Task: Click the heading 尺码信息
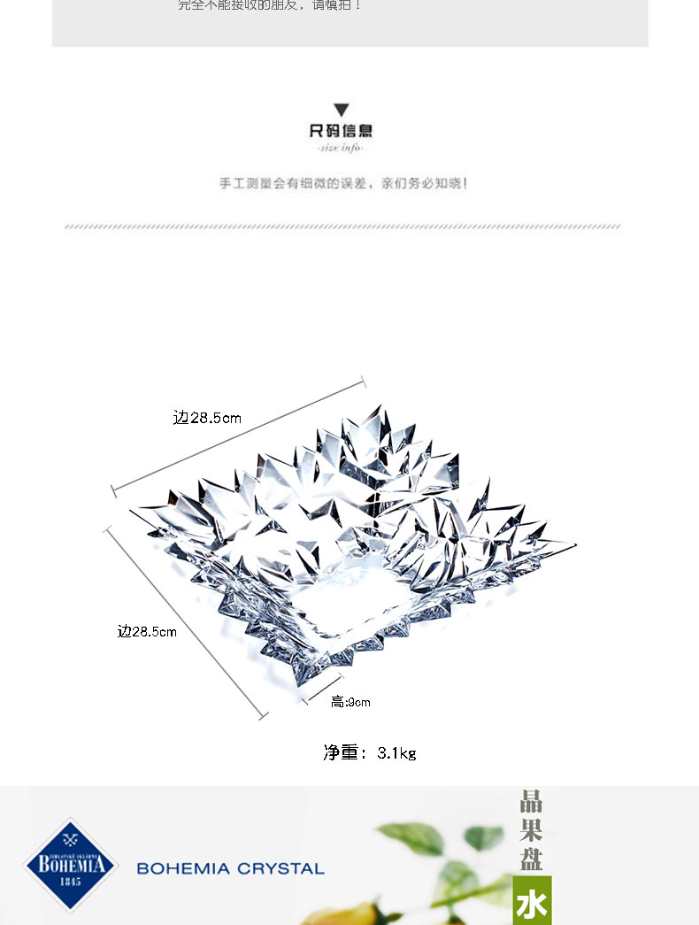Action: point(341,131)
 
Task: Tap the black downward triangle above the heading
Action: point(341,111)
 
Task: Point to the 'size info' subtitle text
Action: point(341,148)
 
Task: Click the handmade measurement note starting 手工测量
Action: point(343,184)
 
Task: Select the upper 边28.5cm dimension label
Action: point(207,417)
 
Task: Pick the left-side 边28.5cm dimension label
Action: point(147,631)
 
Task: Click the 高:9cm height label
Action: point(350,702)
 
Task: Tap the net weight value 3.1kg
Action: point(396,753)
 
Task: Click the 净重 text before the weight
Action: point(342,752)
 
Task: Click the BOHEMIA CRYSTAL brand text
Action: point(230,869)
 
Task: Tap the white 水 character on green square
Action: point(532,903)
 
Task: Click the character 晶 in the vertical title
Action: point(531,802)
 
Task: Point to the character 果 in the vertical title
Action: point(531,829)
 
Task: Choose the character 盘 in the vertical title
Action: point(531,857)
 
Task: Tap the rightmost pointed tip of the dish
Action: point(575,544)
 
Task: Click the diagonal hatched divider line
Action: point(343,227)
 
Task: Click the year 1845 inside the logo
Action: point(71,882)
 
